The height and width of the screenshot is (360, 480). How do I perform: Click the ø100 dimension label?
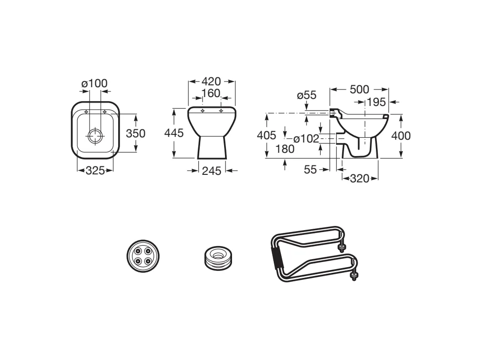click(95, 83)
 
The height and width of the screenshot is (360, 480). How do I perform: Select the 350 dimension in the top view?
click(135, 134)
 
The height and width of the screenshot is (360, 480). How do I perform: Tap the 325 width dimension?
click(95, 171)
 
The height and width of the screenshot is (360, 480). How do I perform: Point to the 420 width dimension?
click(211, 82)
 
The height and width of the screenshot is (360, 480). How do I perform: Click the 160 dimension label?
click(211, 93)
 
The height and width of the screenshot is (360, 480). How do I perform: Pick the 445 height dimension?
click(174, 133)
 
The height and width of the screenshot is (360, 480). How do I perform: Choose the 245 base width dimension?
click(211, 171)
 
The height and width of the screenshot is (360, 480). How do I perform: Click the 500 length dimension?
click(360, 90)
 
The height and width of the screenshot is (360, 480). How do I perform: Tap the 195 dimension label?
click(376, 102)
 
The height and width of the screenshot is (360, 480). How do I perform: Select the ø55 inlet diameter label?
click(307, 95)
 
